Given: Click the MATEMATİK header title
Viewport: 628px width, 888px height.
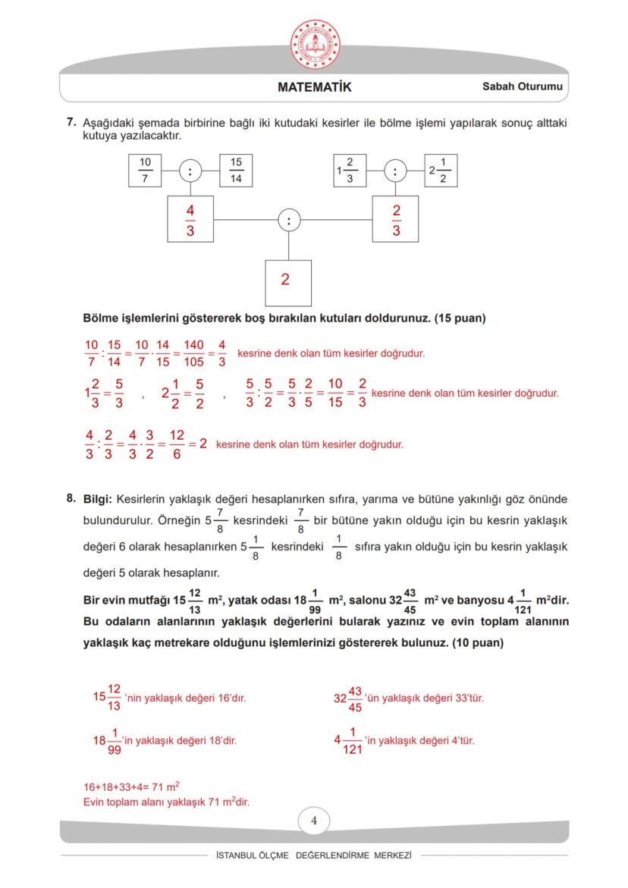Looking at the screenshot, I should click(314, 87).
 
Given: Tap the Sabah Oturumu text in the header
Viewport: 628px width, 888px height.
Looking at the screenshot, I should click(522, 87).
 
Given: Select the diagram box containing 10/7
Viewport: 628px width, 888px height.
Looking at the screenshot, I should click(145, 171).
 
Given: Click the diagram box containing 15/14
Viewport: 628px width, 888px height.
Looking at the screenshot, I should click(236, 171).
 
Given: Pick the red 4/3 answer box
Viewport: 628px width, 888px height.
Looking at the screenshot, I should click(190, 219).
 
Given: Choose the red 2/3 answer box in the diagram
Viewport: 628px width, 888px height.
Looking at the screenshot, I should click(396, 219).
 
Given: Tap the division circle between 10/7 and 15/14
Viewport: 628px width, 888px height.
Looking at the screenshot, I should click(190, 171).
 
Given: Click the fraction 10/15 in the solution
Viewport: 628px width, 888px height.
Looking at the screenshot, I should click(335, 394).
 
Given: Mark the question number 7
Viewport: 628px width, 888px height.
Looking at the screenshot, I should click(71, 122).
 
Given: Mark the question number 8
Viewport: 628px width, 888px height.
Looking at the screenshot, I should click(71, 498).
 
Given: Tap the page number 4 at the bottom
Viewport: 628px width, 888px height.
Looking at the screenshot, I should click(314, 821).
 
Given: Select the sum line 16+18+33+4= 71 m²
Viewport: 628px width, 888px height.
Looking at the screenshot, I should click(131, 787).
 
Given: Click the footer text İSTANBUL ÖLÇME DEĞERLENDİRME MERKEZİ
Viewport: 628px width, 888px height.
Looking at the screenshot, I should click(314, 855).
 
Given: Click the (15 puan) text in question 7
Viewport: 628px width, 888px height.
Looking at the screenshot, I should click(460, 318).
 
